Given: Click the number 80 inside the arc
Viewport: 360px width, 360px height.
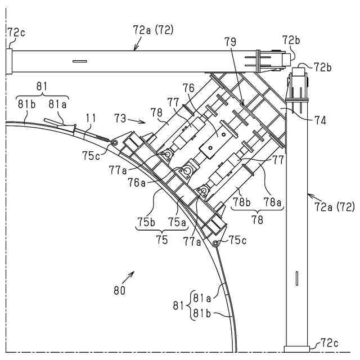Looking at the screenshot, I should tap(119, 291).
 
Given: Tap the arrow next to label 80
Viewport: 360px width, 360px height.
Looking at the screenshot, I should tap(130, 274).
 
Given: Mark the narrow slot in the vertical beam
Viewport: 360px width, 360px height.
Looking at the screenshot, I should tap(296, 279).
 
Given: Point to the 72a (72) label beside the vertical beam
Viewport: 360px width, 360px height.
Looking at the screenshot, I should tap(335, 207).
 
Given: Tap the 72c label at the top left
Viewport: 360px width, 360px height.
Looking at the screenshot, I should tap(15, 33).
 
